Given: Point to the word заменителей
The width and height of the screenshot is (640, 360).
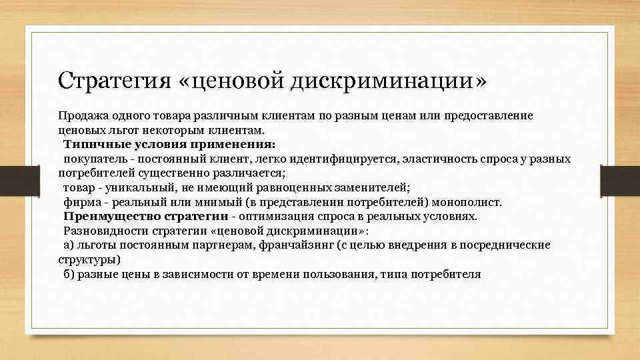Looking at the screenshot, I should [374, 188].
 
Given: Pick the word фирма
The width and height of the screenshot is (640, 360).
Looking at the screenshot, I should [81, 202].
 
